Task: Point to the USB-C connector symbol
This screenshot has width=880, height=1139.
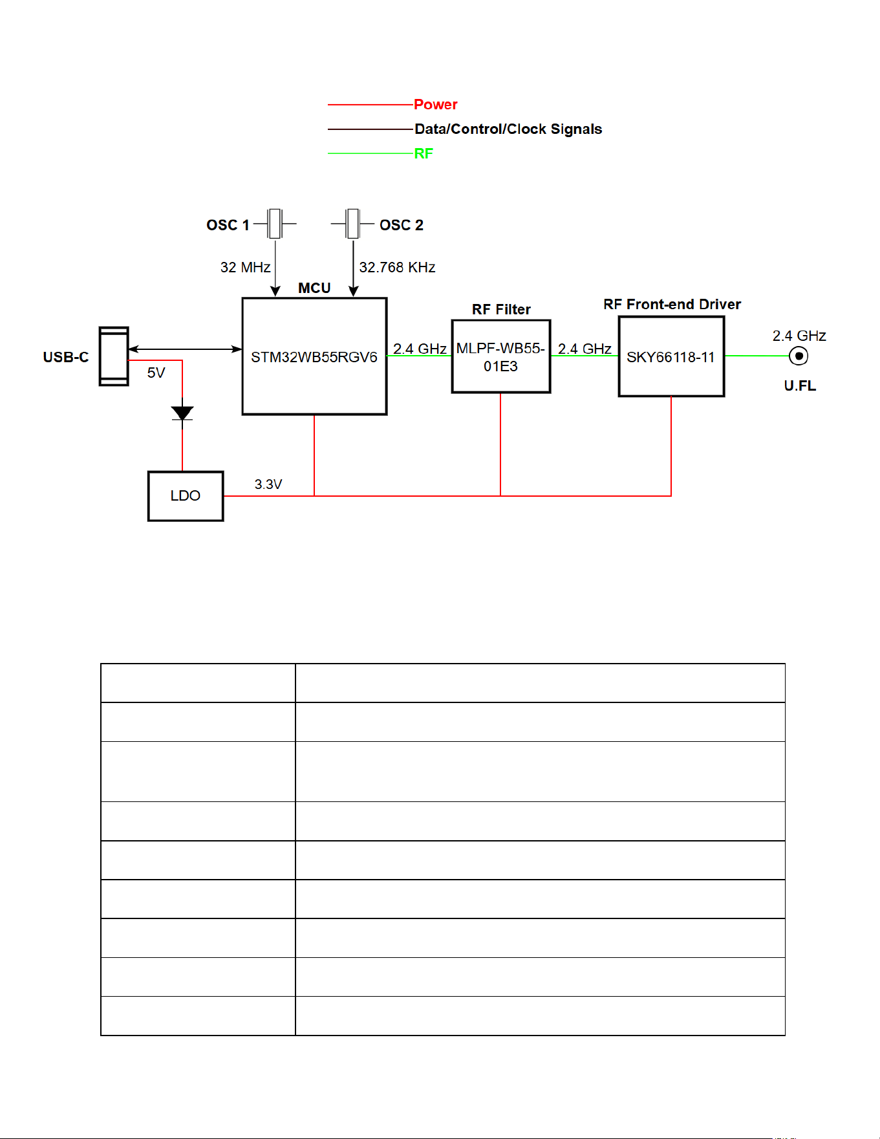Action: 114,356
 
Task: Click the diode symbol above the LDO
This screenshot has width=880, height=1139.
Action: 182,413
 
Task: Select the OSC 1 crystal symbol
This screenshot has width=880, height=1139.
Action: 275,224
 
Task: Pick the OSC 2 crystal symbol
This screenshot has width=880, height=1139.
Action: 352,224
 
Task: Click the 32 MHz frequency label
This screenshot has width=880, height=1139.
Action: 245,267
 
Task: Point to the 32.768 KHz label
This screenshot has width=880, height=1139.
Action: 397,267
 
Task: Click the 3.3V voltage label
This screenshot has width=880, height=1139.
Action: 268,484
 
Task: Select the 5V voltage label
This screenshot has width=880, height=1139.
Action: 156,373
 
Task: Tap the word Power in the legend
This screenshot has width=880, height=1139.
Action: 436,104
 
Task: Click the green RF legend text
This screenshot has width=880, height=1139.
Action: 424,153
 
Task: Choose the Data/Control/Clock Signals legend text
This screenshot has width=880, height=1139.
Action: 508,129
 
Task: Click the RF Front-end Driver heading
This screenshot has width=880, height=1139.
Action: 672,304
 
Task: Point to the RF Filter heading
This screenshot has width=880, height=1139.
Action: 501,309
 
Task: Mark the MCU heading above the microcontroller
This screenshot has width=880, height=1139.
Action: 314,288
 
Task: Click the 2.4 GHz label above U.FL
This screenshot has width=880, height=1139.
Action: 799,336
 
